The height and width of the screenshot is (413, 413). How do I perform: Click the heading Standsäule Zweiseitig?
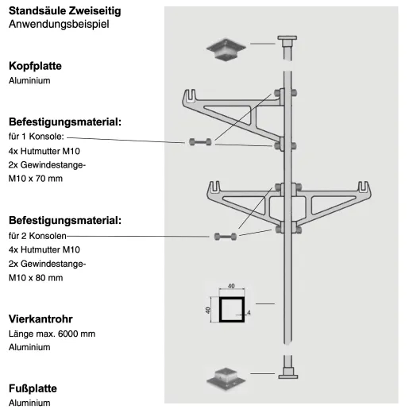coord(65,11)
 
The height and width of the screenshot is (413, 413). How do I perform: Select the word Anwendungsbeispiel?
coord(59,24)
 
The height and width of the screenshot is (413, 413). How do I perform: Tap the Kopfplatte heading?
coord(35,66)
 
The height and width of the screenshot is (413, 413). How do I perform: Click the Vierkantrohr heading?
coord(41,319)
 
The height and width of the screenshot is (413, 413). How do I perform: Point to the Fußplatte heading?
coord(33,388)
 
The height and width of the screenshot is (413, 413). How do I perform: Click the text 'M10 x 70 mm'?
coord(36,179)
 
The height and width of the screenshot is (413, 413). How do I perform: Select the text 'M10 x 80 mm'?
coord(36,278)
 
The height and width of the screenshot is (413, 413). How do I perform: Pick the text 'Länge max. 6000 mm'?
coord(52,334)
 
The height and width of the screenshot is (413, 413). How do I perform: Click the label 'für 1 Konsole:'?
coord(37,137)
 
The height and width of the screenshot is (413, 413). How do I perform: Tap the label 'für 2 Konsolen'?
coord(37,236)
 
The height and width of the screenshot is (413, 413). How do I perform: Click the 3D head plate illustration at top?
coord(226,49)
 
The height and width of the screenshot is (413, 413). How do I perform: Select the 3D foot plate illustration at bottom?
coord(226,379)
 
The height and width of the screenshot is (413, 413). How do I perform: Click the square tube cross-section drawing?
coord(232,310)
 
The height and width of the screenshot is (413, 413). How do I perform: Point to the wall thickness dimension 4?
coord(249,313)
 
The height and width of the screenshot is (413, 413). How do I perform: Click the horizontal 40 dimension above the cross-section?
coord(231,286)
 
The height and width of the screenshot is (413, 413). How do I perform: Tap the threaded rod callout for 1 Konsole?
coord(200,142)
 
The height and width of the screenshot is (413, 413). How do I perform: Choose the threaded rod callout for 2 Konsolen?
coord(226,236)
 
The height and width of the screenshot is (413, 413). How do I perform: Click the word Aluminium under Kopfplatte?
coord(29,80)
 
